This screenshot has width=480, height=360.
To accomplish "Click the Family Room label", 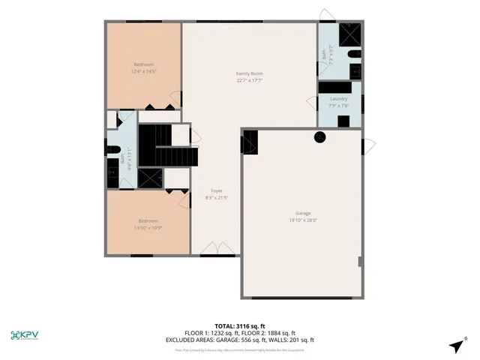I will [250, 73].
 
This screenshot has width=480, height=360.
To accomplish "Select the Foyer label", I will [217, 191].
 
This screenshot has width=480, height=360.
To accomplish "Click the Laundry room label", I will [338, 99].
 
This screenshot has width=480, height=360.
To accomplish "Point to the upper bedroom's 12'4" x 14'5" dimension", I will [143, 72].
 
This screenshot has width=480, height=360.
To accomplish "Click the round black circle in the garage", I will [319, 136].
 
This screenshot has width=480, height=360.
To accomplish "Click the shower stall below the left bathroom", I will [150, 177].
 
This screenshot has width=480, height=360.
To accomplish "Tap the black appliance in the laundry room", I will [344, 121].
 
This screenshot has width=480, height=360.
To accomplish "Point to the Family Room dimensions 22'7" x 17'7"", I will [250, 80].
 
